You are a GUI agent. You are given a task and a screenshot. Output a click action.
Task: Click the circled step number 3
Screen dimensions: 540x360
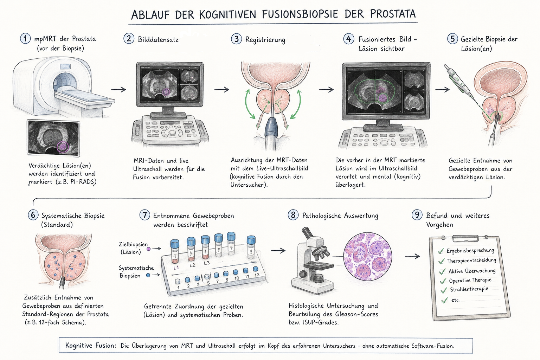[237, 39]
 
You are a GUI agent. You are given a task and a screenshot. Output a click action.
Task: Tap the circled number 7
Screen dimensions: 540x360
[144, 214]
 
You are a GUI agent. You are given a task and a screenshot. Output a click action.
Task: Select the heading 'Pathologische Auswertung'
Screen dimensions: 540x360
[340, 216]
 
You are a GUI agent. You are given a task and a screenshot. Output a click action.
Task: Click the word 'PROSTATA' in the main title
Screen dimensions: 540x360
[393, 14]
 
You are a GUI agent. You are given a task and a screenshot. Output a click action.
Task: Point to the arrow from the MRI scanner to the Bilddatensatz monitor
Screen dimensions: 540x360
[118, 89]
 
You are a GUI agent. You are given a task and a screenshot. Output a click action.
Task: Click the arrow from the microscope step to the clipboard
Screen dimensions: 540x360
[412, 256]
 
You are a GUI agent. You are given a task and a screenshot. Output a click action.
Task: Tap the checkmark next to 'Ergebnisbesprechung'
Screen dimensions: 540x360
[441, 251]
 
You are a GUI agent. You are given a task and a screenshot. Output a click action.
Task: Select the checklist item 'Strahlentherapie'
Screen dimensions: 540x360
[469, 289]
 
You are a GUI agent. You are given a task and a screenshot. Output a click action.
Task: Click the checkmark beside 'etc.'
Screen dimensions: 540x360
[444, 301]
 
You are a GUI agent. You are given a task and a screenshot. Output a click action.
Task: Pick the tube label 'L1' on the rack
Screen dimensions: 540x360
[176, 268]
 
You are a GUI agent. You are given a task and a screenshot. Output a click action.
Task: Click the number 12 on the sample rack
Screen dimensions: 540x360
[257, 275]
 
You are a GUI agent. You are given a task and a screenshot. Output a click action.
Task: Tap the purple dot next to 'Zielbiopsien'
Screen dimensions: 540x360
[148, 249]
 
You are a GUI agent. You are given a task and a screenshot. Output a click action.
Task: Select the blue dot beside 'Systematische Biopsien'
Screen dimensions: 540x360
[148, 275]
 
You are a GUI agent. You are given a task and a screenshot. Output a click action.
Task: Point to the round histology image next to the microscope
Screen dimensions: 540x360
[368, 257]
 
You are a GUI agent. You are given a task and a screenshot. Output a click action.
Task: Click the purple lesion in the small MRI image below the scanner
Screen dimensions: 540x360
[63, 147]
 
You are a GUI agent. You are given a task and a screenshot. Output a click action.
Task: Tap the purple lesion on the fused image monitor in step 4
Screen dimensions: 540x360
[382, 98]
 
